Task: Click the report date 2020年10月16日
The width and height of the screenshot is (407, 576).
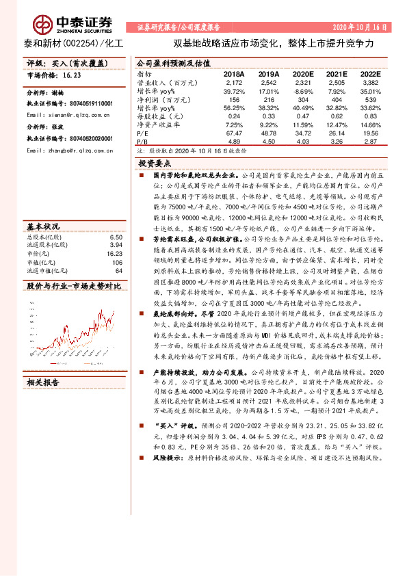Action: click(x=360, y=27)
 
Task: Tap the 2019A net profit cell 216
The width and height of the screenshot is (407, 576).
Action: click(x=269, y=99)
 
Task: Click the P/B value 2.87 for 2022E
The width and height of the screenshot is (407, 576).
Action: click(x=370, y=141)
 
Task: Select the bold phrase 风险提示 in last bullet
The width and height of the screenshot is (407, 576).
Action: click(x=166, y=456)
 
